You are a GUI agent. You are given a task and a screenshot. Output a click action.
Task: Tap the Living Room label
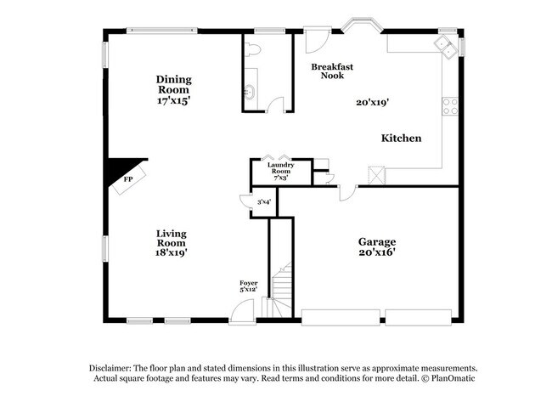pyautogui.click(x=171, y=242)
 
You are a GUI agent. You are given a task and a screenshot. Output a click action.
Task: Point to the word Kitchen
pyautogui.click(x=401, y=138)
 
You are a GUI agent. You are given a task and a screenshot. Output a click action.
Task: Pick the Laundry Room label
pyautogui.click(x=279, y=172)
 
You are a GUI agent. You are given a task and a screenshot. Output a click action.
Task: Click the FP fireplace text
pyautogui.click(x=128, y=180)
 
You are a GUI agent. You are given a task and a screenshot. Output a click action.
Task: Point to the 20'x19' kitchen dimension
pyautogui.click(x=372, y=102)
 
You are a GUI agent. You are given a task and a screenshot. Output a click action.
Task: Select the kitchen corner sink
pyautogui.click(x=445, y=43)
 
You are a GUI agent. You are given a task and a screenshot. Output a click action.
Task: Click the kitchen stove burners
pyautogui.click(x=450, y=107)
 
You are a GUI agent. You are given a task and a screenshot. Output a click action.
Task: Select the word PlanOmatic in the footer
pyautogui.click(x=451, y=378)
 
